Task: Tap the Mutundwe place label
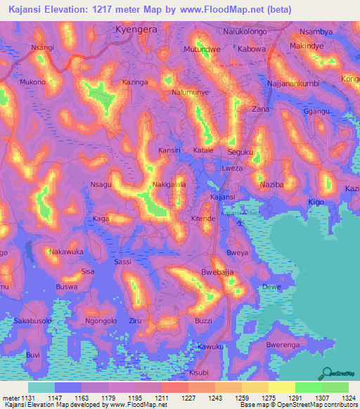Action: pyautogui.click(x=202, y=50)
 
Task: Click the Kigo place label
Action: pyautogui.click(x=317, y=202)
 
